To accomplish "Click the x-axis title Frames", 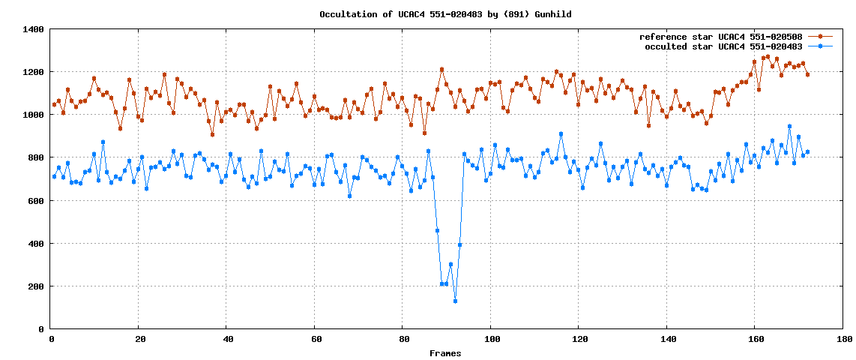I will pos(445,353).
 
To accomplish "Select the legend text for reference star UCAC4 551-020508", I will pos(720,37).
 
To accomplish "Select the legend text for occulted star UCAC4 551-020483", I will pos(723,46).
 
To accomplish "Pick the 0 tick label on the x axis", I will pos(51,339).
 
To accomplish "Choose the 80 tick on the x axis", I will pos(403,339).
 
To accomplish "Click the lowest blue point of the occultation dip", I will pos(455,301).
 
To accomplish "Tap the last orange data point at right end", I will pos(807,74).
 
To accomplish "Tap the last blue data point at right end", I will pos(807,152).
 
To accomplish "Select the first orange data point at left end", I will pos(55,104).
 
